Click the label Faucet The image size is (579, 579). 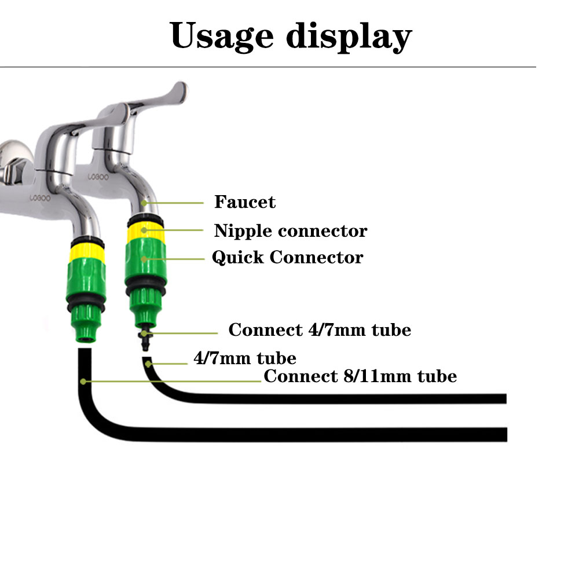tap(245, 202)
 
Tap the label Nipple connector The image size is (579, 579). tap(291, 230)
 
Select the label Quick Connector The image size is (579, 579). tap(287, 257)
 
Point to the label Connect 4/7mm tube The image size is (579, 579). tap(320, 330)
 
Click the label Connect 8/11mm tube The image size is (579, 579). tap(360, 376)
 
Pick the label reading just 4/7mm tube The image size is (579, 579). tap(244, 358)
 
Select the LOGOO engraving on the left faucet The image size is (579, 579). tap(40, 198)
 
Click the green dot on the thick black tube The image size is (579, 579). tap(83, 381)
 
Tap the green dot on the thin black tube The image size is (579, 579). tap(149, 364)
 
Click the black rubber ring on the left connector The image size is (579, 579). tap(86, 305)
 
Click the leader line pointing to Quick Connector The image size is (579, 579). tap(174, 258)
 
